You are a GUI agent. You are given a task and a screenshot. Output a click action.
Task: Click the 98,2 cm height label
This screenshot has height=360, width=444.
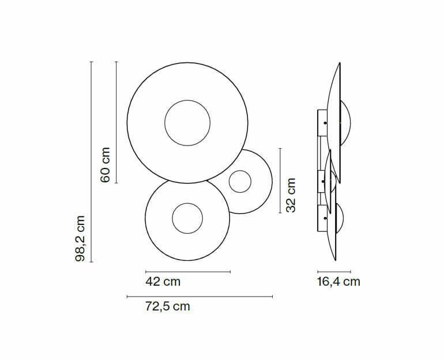click(x=80, y=238)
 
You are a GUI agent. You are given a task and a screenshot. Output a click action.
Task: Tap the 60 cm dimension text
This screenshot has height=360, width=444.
click(x=105, y=165)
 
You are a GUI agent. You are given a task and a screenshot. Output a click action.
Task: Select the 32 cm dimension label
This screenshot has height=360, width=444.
click(x=291, y=195)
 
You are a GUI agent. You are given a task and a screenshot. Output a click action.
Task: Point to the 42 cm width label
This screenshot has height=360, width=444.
click(x=163, y=282)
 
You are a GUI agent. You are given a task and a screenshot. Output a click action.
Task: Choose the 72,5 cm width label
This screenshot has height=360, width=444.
click(x=167, y=306)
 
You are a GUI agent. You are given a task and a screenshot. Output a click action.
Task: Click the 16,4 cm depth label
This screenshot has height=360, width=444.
click(x=338, y=282)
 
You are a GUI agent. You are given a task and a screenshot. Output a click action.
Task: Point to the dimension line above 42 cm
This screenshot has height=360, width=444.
click(x=188, y=272)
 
